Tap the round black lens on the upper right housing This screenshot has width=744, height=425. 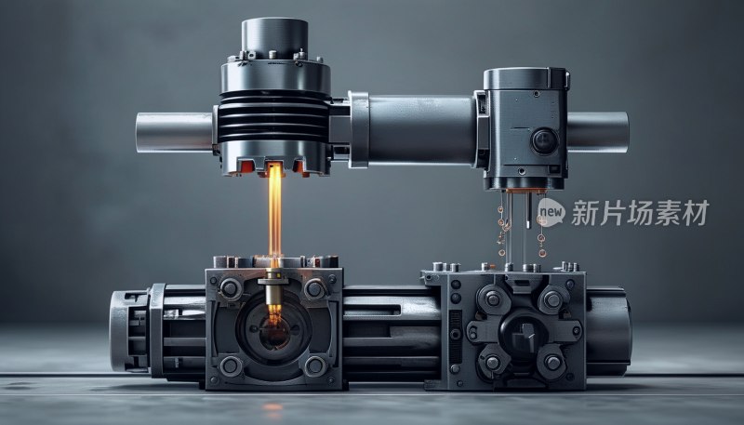(544, 141)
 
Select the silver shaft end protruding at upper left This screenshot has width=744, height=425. (174, 132)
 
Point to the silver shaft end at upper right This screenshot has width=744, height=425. (598, 132)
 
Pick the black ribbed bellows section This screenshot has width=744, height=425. (273, 116)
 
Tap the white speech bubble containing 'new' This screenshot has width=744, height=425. (551, 212)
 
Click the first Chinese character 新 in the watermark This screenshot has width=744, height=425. (584, 212)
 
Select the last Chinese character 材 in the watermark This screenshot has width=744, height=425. (696, 212)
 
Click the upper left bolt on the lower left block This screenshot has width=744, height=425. (231, 288)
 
